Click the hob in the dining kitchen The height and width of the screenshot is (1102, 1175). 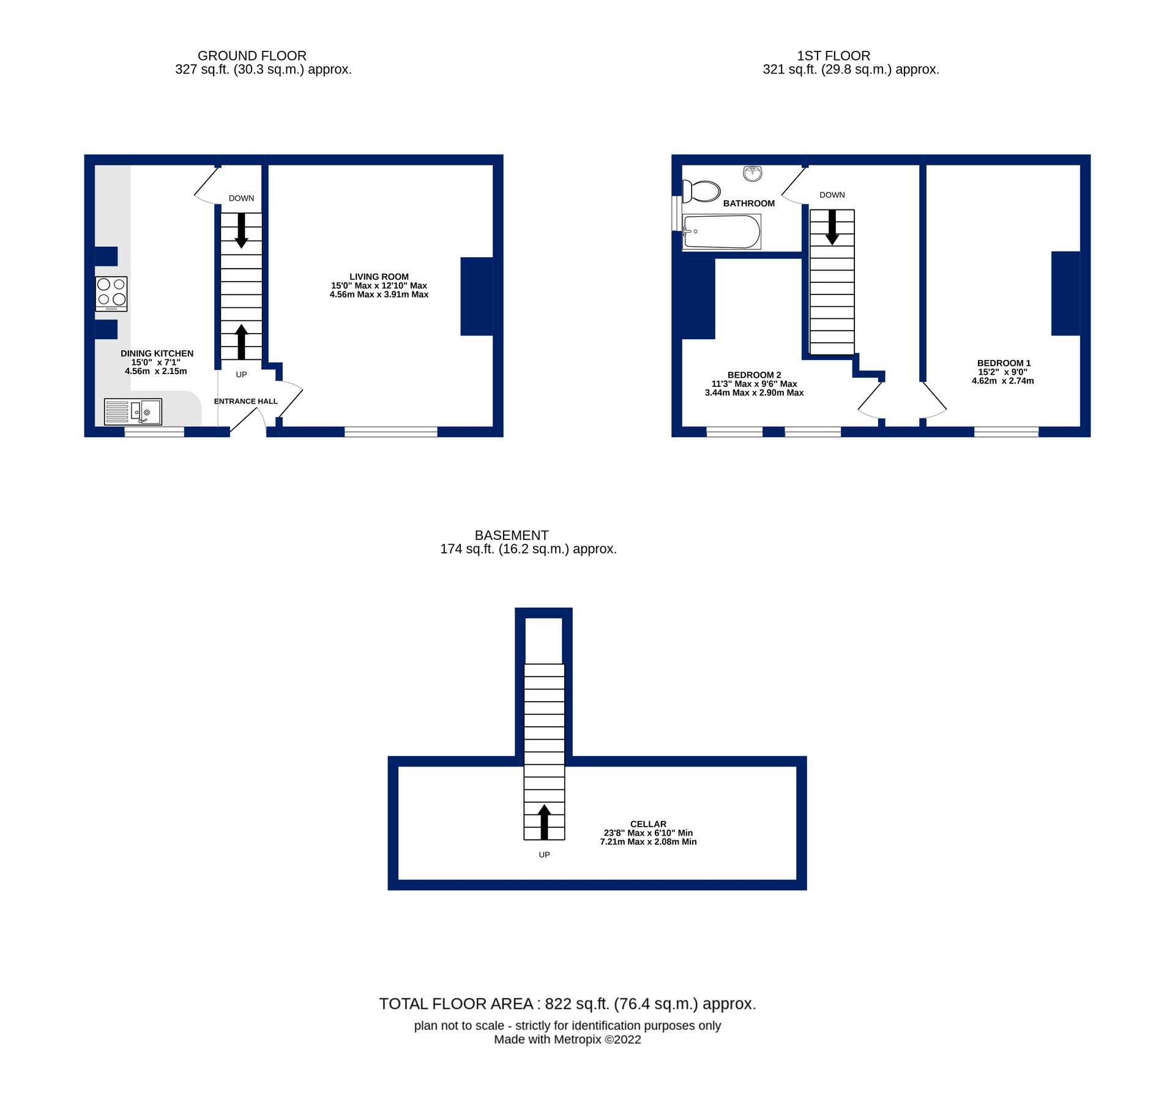(111, 294)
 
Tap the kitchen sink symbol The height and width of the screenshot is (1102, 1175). (133, 411)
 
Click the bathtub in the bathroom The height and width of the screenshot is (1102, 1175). (722, 232)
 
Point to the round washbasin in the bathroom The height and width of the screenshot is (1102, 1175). (753, 173)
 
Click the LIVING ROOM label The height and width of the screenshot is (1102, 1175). (379, 277)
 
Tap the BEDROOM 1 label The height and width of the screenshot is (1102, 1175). (1004, 363)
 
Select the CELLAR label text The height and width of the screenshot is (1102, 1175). (648, 824)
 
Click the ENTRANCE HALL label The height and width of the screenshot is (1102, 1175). (245, 401)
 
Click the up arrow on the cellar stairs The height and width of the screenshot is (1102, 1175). (544, 822)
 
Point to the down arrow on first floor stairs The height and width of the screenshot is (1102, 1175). (832, 227)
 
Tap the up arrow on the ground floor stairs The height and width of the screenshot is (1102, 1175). (241, 342)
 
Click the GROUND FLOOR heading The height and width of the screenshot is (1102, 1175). (252, 56)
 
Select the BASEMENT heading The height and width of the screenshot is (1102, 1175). (512, 535)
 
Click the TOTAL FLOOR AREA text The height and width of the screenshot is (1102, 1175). (567, 1004)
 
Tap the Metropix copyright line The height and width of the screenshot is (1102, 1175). (567, 1040)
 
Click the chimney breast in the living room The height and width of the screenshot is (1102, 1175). (476, 296)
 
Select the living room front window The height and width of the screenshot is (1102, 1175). (390, 432)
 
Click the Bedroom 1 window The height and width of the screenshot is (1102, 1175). (1006, 432)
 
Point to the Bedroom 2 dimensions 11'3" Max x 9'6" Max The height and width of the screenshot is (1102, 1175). (754, 384)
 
